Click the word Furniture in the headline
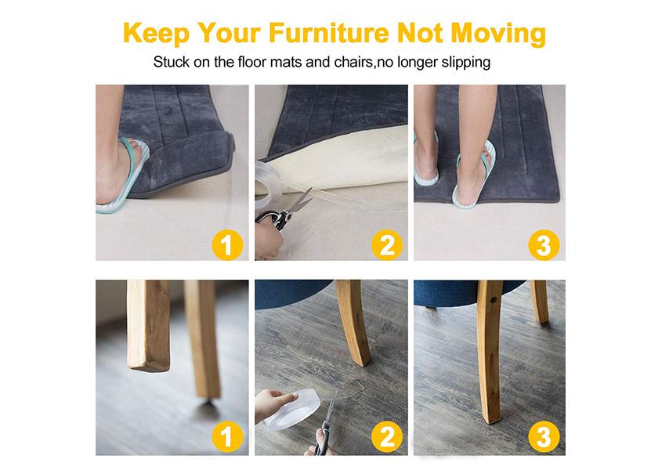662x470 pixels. tap(328, 33)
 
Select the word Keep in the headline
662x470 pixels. tap(156, 34)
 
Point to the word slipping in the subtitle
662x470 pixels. tap(465, 63)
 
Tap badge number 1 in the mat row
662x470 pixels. tap(227, 245)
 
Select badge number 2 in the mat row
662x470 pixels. tap(387, 245)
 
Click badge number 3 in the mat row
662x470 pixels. tap(544, 245)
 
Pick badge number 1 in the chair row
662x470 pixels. tap(227, 437)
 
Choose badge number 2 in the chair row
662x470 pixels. tap(387, 437)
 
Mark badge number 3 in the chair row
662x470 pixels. tap(544, 437)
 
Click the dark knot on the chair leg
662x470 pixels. tap(493, 300)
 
